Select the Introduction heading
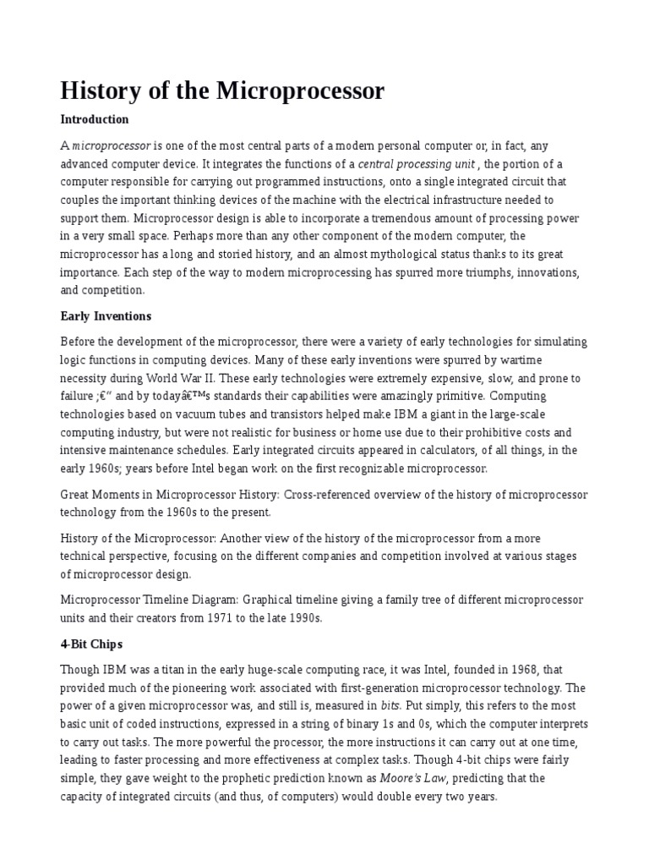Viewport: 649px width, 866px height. [x=95, y=119]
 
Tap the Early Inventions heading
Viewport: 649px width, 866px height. [x=106, y=316]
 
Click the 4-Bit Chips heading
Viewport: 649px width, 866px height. [x=90, y=644]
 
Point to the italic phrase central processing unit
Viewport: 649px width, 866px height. [x=417, y=164]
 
